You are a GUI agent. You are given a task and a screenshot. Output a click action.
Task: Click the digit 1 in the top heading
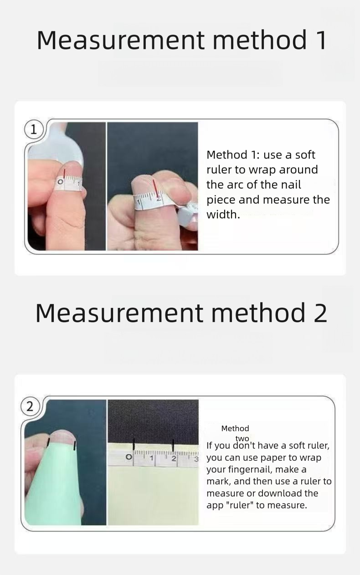pyautogui.click(x=320, y=40)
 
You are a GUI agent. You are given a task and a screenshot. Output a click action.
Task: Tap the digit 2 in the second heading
pyautogui.click(x=320, y=313)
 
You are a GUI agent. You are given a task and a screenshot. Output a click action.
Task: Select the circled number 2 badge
pyautogui.click(x=30, y=406)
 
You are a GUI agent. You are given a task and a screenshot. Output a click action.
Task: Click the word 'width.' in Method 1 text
pyautogui.click(x=223, y=215)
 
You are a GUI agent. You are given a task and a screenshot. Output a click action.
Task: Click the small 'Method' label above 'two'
pyautogui.click(x=235, y=428)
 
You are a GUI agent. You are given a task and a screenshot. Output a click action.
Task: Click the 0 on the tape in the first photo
pyautogui.click(x=60, y=182)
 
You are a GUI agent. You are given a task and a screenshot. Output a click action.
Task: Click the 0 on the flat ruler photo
pyautogui.click(x=129, y=457)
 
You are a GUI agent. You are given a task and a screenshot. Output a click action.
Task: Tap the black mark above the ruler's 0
pyautogui.click(x=133, y=444)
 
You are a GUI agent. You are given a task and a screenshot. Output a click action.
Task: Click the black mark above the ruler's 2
pyautogui.click(x=173, y=445)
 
